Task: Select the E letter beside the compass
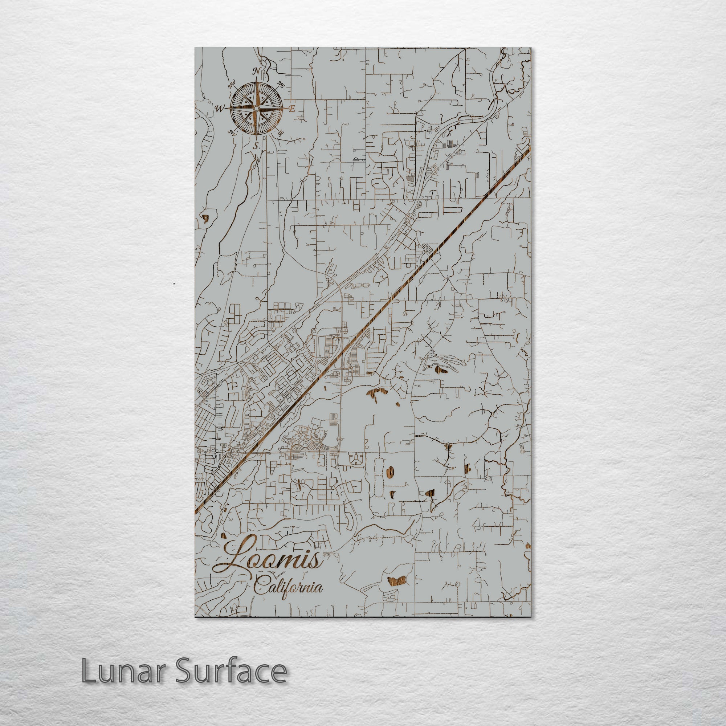[291, 109]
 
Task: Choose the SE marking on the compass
[280, 132]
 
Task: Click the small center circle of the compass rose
[256, 108]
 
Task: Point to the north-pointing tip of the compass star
[256, 80]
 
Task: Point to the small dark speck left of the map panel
[174, 282]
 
